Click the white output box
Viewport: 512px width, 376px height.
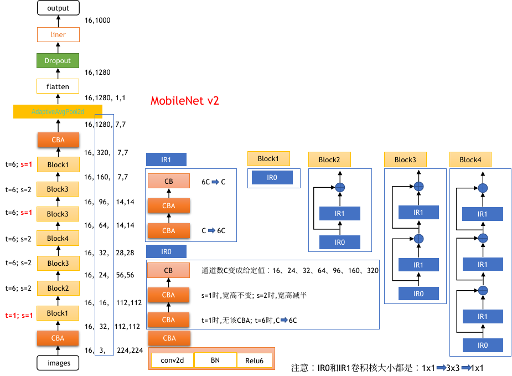58,8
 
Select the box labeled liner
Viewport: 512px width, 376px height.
58,35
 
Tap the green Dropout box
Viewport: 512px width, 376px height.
58,60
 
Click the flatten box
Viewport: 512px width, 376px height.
58,86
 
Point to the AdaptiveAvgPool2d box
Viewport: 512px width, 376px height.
58,112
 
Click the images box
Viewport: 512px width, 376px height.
59,363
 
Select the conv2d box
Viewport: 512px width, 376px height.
172,360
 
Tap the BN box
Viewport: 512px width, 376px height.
215,360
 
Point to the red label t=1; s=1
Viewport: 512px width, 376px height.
19,316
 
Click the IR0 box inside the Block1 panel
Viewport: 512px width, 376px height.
272,178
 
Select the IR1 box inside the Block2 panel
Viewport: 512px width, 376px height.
340,214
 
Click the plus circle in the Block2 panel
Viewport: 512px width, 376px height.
340,188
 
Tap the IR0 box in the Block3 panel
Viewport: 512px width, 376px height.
418,293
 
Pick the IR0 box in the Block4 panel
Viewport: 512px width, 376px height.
483,345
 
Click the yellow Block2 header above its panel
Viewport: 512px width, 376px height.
329,160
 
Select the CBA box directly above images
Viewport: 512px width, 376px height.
58,338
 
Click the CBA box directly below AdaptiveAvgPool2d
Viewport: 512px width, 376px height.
58,140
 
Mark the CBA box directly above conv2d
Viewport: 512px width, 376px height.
169,338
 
